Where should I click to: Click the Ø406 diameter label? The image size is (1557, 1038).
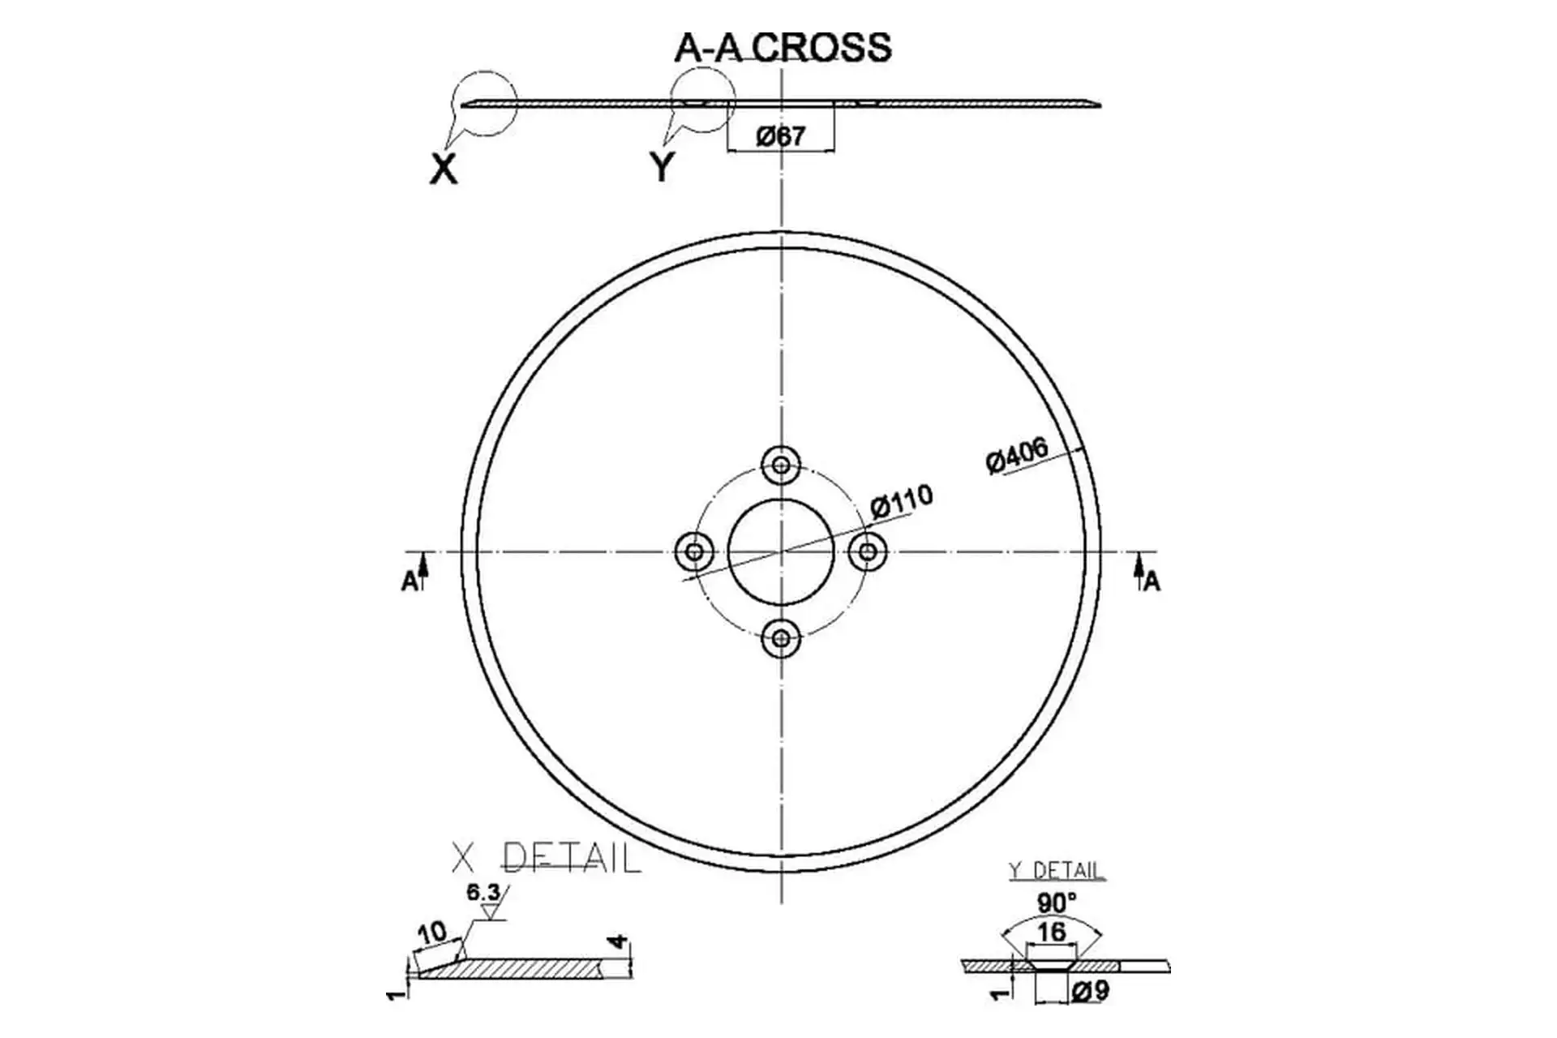coord(1017,455)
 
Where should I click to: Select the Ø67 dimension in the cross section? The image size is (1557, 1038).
coord(781,136)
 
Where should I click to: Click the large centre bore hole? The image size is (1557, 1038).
coord(781,551)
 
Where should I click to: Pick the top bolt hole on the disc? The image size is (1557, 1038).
coord(781,465)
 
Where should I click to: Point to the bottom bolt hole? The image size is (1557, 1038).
coord(781,638)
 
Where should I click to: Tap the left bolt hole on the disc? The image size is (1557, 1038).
coord(694,551)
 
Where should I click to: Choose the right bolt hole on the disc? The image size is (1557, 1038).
coord(868,551)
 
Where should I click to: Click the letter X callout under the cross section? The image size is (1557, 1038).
coord(444,169)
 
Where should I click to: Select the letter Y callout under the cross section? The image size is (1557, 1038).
coord(663,167)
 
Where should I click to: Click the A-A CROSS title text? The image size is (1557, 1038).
coord(783,47)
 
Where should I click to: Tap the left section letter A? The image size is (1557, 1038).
coord(410,581)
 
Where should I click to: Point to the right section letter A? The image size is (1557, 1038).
coord(1152,581)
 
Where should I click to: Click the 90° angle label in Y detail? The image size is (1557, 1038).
coord(1057,903)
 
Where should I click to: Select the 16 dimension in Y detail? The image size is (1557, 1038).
coord(1051,932)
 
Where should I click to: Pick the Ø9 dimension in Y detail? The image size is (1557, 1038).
coord(1090,991)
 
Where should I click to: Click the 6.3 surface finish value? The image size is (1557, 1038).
coord(483,893)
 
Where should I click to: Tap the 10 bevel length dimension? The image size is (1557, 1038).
coord(432,933)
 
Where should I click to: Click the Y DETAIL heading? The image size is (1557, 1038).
coord(1056,871)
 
